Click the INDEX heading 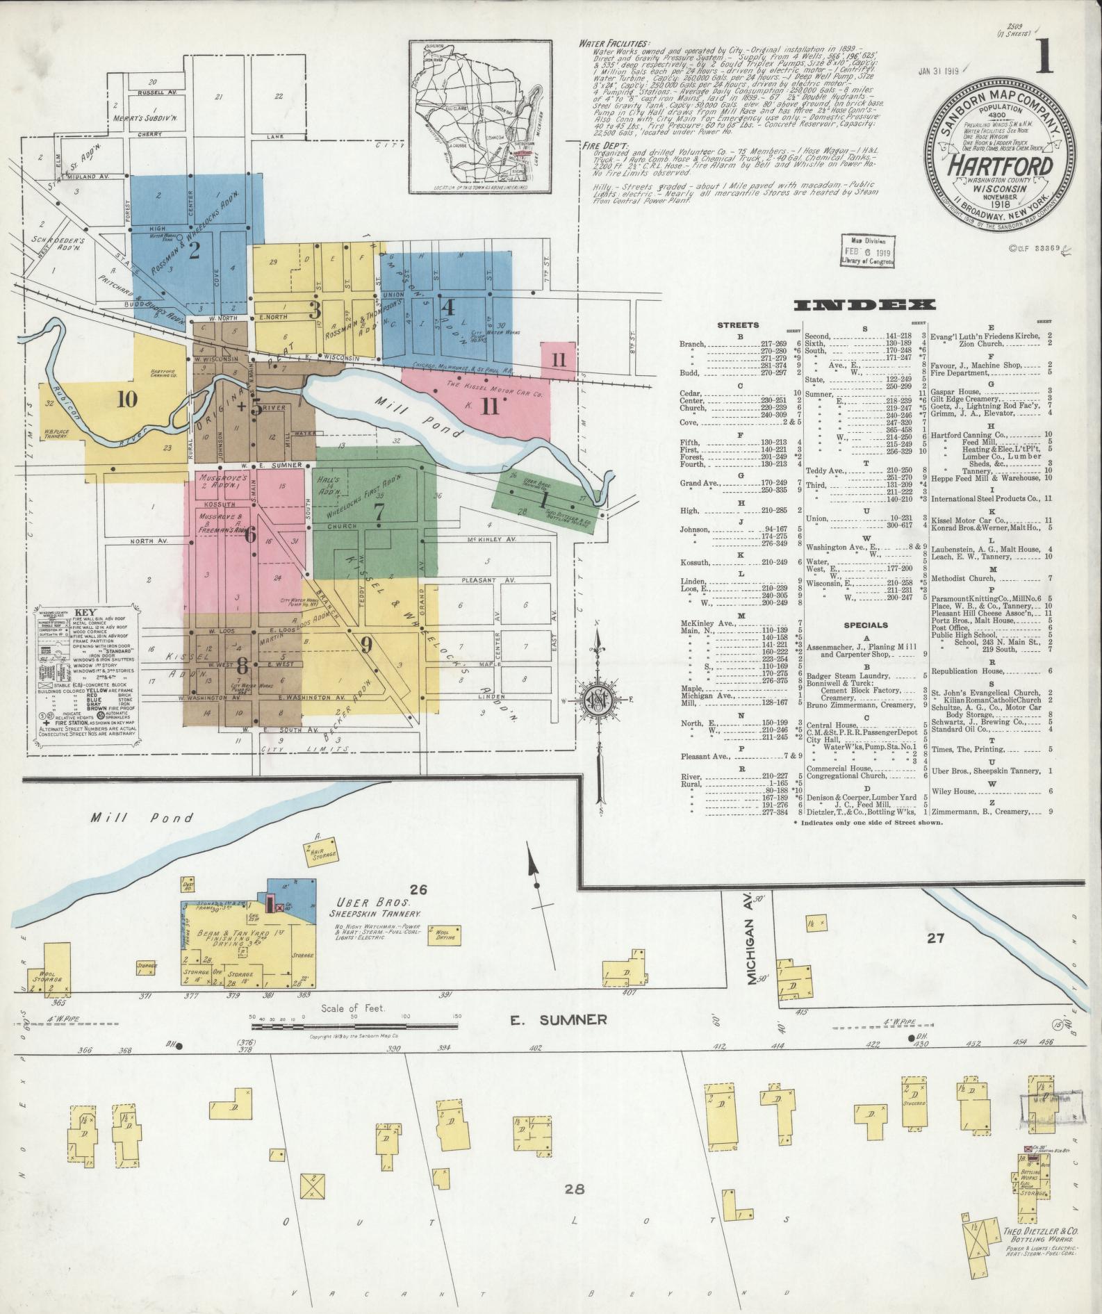pyautogui.click(x=864, y=304)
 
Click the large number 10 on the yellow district pyautogui.click(x=127, y=400)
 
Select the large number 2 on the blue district pyautogui.click(x=194, y=250)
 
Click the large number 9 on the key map pyautogui.click(x=365, y=644)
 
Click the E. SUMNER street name pyautogui.click(x=559, y=1020)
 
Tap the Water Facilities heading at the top pyautogui.click(x=614, y=44)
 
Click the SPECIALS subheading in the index pyautogui.click(x=866, y=625)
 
